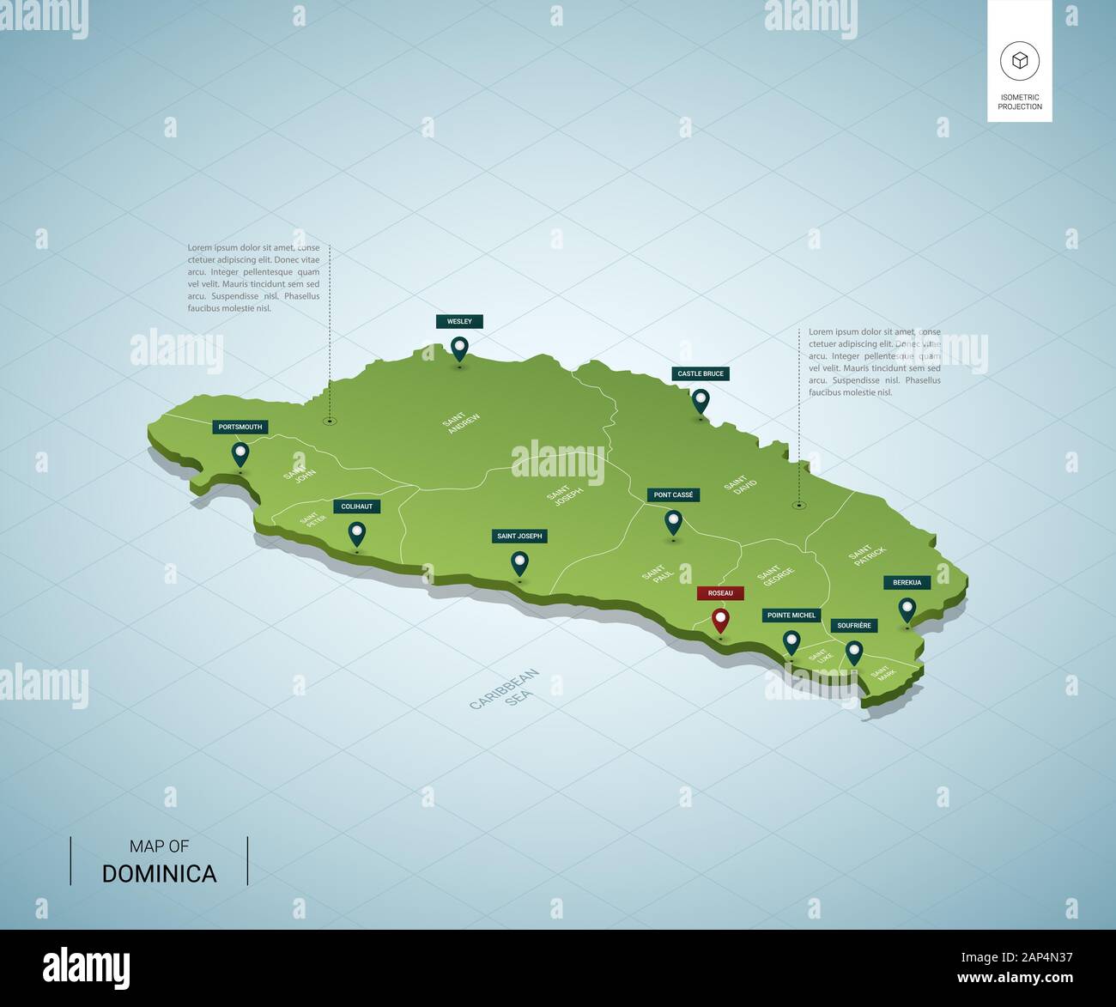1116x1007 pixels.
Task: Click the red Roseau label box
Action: pyautogui.click(x=720, y=593)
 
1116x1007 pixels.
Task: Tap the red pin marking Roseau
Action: pyautogui.click(x=720, y=619)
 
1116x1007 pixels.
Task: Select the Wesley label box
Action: pyautogui.click(x=459, y=321)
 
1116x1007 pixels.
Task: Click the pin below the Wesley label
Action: pyautogui.click(x=460, y=347)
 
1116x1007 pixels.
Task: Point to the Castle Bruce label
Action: pyautogui.click(x=701, y=373)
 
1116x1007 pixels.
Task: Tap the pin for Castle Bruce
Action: pyautogui.click(x=701, y=400)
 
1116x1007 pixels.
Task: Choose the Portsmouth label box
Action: pyautogui.click(x=240, y=427)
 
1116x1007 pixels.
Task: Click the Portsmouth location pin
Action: pyautogui.click(x=240, y=453)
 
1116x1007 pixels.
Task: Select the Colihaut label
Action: pyautogui.click(x=357, y=507)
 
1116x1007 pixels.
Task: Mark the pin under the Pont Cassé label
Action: pyautogui.click(x=674, y=521)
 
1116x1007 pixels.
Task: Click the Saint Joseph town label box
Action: pyautogui.click(x=519, y=536)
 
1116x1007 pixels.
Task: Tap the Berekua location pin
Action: pyautogui.click(x=907, y=609)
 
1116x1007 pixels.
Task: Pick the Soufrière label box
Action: pyautogui.click(x=854, y=625)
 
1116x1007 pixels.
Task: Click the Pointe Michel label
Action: pyautogui.click(x=792, y=615)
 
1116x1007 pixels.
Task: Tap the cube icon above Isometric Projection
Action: pyautogui.click(x=1019, y=61)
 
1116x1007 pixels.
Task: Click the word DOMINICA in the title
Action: pyautogui.click(x=159, y=874)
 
